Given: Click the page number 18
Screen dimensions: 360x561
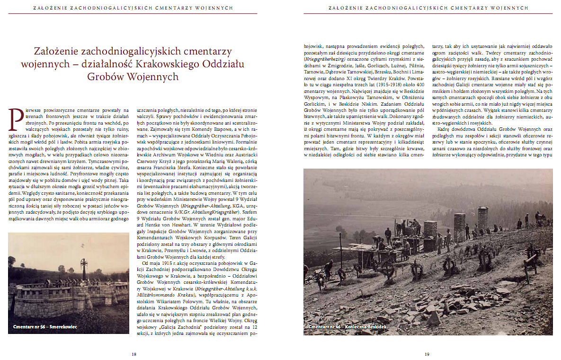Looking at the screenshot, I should click(134, 353).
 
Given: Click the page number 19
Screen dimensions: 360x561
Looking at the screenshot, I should click(427, 353).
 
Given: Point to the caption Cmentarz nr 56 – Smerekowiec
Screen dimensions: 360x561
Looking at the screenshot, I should click(45, 327).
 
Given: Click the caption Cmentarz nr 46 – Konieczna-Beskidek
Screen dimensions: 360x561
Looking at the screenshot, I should click(348, 327).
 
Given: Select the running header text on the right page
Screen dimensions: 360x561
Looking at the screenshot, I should click(427, 8).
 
